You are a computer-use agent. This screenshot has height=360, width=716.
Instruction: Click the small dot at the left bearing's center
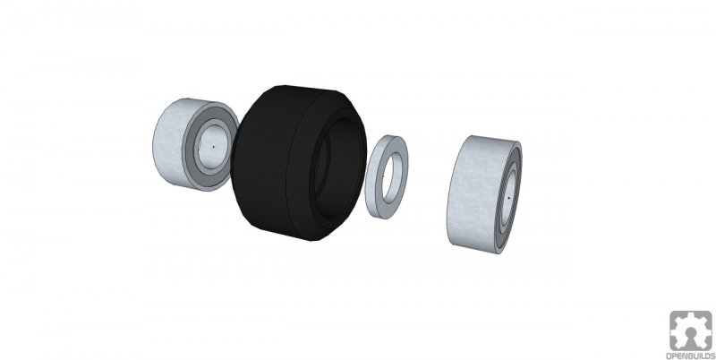coord(213,147)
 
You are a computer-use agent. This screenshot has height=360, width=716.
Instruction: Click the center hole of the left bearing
coord(212,146)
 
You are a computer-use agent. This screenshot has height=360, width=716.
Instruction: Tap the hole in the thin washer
coord(393,177)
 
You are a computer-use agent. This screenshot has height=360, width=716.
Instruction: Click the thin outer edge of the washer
coord(371,176)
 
